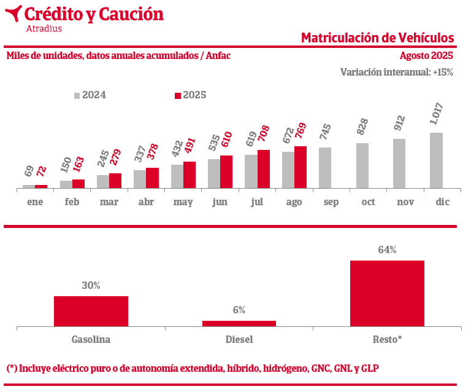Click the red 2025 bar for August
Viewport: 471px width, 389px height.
point(301,167)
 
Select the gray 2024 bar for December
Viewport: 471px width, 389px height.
point(436,160)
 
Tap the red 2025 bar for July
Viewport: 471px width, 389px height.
point(264,169)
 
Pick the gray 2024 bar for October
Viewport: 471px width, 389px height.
point(362,165)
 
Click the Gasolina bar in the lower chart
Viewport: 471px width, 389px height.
point(91,311)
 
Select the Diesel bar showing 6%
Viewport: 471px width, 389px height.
point(239,323)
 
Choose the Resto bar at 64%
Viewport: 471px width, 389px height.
point(387,293)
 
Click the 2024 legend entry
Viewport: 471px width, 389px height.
point(90,95)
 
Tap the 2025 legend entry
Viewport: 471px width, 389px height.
point(191,95)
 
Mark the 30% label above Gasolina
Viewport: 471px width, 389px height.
point(91,286)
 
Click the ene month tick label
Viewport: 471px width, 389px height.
point(35,202)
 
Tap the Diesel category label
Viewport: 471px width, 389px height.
point(239,339)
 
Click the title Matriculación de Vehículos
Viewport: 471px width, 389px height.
point(377,38)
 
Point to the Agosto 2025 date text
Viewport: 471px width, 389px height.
point(426,56)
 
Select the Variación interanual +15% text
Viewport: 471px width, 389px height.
point(396,72)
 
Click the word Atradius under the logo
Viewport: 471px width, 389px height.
point(44,28)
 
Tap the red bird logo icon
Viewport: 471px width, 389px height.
point(13,13)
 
